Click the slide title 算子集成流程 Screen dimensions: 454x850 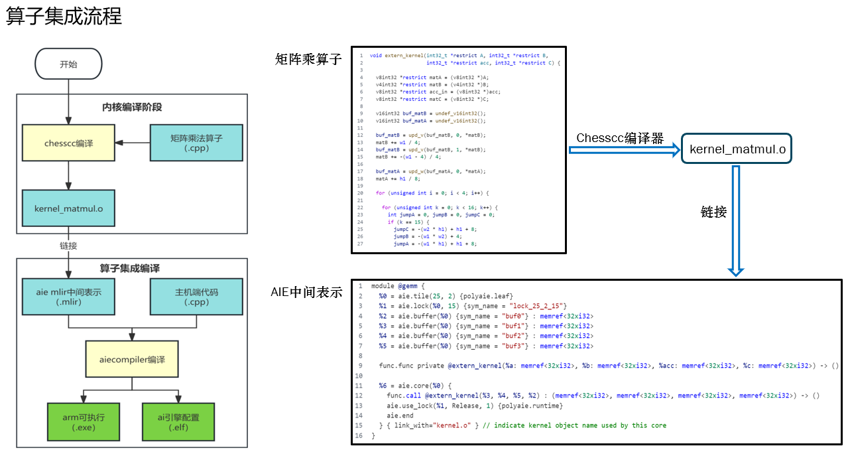coord(64,17)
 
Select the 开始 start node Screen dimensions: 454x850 coord(68,64)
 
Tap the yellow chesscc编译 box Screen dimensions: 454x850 coord(69,143)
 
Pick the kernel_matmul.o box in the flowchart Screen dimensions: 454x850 coord(69,208)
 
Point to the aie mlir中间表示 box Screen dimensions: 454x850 coord(69,297)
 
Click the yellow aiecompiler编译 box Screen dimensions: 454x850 coord(133,359)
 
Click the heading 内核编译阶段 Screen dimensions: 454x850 coord(132,107)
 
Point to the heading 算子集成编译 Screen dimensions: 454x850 coord(132,269)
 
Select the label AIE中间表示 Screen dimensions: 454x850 coord(306,292)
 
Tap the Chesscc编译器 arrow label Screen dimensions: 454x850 coord(620,138)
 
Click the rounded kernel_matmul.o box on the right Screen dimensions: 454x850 coord(737,150)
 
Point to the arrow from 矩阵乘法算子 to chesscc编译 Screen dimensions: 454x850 coord(133,143)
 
